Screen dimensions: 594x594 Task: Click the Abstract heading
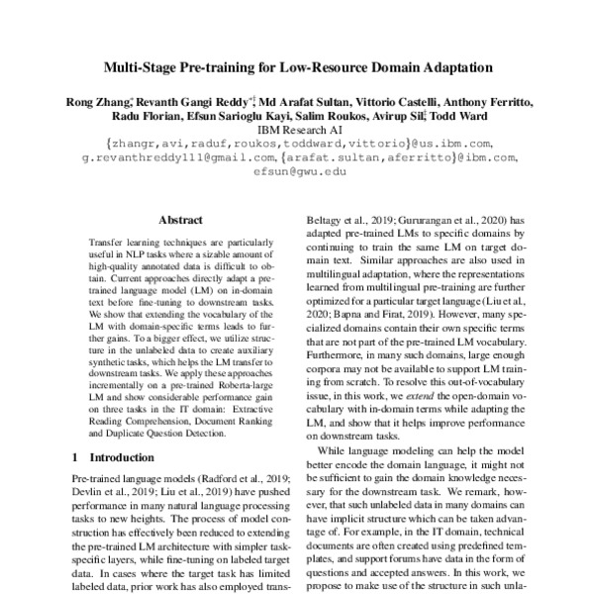(x=180, y=222)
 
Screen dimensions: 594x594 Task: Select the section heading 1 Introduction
(x=110, y=458)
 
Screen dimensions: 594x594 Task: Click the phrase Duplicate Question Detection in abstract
(x=181, y=433)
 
